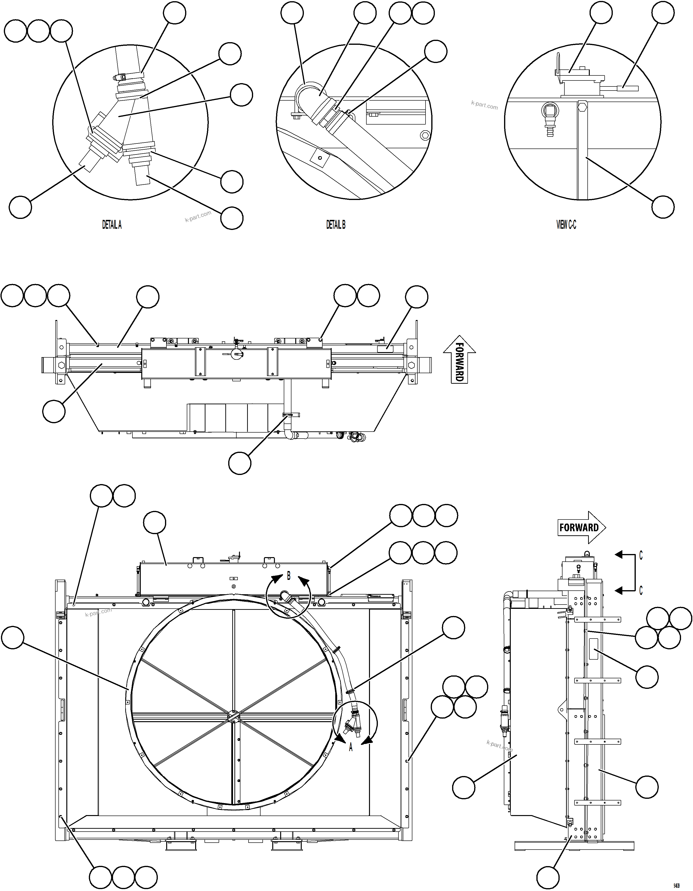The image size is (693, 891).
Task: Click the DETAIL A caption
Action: (112, 225)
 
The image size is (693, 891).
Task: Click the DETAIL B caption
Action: (336, 225)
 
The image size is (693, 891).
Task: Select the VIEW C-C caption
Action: (566, 225)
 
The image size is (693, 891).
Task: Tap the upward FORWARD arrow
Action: (459, 359)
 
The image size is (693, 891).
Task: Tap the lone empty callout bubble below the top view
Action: (240, 463)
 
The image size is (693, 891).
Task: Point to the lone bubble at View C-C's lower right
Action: (663, 207)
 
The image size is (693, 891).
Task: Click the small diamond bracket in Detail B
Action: (320, 158)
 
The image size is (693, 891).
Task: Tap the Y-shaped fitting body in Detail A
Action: (122, 118)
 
